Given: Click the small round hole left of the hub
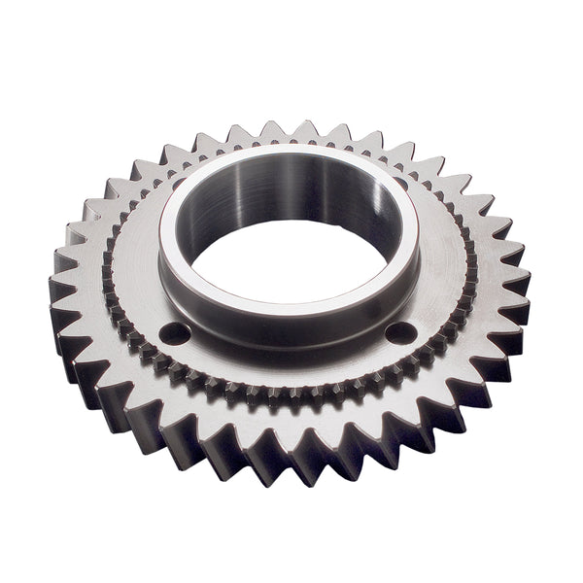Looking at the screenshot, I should point(175,333).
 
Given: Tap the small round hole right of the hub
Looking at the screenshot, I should point(400,333).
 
